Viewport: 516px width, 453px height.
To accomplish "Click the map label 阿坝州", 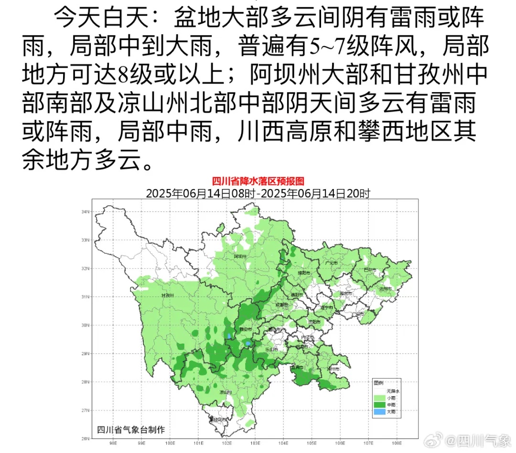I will (x=240, y=256).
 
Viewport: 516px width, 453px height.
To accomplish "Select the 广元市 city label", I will (x=331, y=263).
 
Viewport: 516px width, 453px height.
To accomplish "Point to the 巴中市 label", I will (x=369, y=270).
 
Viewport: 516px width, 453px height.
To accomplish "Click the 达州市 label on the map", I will (x=385, y=289).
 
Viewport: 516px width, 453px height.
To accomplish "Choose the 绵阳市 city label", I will (x=304, y=273).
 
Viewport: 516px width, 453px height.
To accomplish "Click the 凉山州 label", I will (x=226, y=392).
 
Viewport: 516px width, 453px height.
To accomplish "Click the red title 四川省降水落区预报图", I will (x=258, y=181).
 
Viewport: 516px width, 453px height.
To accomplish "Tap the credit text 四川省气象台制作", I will (x=130, y=429).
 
